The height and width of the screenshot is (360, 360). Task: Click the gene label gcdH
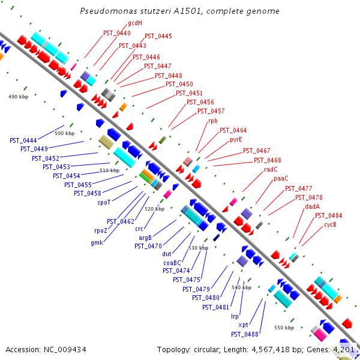click(135, 23)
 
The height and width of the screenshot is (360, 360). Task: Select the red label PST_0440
click(117, 33)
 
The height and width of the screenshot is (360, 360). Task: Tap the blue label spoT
click(104, 203)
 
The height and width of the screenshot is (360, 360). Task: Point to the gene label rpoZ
click(101, 230)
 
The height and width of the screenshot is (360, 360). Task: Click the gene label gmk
click(97, 242)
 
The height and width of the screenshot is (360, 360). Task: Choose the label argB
click(145, 238)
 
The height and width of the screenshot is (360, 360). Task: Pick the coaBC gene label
click(172, 263)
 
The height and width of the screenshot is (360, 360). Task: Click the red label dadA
click(312, 206)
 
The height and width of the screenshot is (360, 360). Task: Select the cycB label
click(330, 225)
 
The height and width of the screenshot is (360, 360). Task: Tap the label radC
click(271, 169)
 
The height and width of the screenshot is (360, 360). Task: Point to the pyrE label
click(236, 140)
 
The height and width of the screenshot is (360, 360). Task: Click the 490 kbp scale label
click(19, 97)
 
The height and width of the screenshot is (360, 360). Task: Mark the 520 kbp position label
click(155, 209)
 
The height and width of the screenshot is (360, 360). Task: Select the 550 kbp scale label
click(284, 328)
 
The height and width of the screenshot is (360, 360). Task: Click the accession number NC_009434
click(65, 350)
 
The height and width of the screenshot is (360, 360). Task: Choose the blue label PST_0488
click(245, 334)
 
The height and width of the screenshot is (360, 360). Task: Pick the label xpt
click(244, 325)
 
